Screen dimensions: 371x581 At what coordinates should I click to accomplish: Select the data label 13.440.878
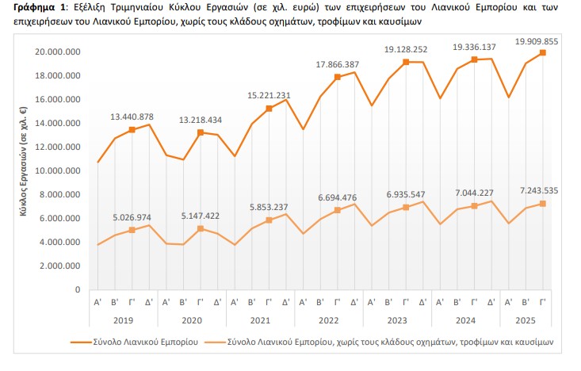click(131, 117)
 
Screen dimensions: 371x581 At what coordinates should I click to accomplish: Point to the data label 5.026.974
click(131, 216)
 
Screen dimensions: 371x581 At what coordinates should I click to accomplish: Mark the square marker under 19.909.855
click(542, 53)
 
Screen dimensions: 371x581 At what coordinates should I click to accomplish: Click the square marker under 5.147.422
click(201, 228)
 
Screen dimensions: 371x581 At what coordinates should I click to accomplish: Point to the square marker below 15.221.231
click(269, 109)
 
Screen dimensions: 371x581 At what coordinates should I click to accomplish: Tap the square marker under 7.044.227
click(474, 206)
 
